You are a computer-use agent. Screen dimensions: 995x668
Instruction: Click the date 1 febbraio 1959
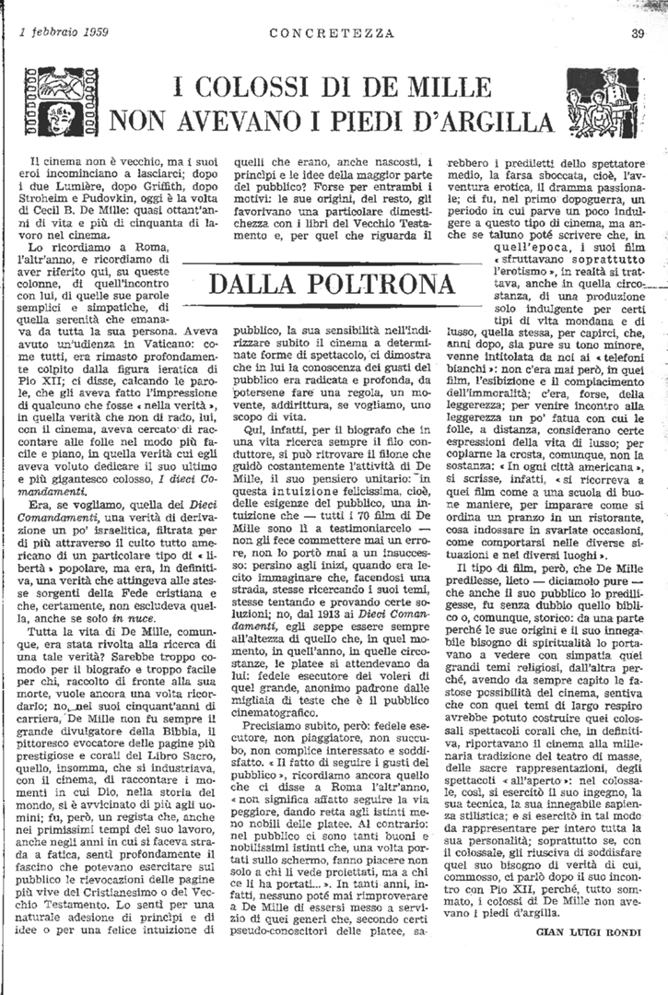63,32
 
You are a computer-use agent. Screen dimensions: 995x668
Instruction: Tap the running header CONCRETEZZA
333,33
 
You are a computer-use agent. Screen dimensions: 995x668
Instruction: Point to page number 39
638,33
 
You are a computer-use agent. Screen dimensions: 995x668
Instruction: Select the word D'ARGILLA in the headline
480,121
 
